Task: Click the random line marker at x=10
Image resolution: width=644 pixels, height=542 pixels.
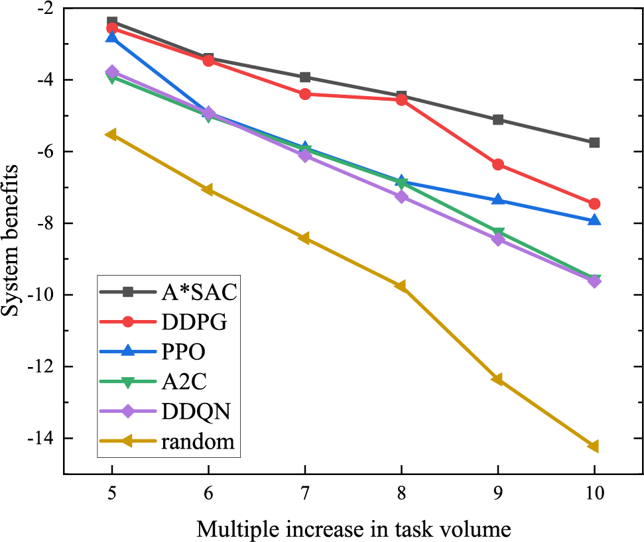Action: pyautogui.click(x=594, y=447)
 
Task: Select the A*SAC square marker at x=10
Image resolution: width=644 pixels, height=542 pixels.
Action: pyautogui.click(x=594, y=142)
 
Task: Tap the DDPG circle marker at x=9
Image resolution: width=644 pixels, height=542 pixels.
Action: pyautogui.click(x=498, y=164)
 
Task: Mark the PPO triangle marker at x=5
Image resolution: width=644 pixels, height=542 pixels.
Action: pyautogui.click(x=111, y=38)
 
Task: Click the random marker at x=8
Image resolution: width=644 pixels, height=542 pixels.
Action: pyautogui.click(x=401, y=286)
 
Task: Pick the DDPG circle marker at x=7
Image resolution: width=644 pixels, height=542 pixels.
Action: pyautogui.click(x=305, y=94)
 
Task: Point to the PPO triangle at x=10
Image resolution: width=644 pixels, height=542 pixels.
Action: pyautogui.click(x=594, y=220)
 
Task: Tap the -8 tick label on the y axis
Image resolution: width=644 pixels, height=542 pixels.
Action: pyautogui.click(x=45, y=223)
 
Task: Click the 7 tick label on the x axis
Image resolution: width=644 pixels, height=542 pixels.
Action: pyautogui.click(x=305, y=494)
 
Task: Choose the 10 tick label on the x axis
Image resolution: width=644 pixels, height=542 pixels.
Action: pyautogui.click(x=594, y=494)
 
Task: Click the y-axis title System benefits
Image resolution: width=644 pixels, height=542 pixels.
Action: pyautogui.click(x=11, y=241)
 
